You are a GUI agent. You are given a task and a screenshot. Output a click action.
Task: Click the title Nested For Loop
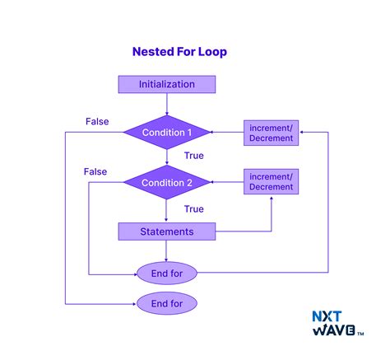(x=179, y=52)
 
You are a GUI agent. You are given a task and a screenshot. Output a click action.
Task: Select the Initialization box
(x=167, y=84)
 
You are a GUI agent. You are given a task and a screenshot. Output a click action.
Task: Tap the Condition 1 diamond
(x=167, y=131)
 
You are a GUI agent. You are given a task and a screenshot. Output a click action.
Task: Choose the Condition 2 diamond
(x=167, y=182)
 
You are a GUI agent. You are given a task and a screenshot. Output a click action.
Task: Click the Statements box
(x=167, y=231)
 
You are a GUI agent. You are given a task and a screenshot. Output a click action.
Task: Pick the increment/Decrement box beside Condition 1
(x=271, y=132)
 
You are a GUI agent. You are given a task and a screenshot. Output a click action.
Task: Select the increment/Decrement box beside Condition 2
(x=271, y=182)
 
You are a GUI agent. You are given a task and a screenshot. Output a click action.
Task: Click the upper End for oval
(x=167, y=272)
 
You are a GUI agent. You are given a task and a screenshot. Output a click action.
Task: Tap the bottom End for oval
(x=167, y=304)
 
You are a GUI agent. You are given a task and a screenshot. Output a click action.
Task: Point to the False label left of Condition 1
(x=97, y=122)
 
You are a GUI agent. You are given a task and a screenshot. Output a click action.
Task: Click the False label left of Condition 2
(x=95, y=171)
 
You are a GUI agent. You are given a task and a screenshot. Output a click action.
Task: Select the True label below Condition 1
(x=194, y=155)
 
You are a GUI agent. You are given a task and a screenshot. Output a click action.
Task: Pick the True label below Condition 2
(x=194, y=208)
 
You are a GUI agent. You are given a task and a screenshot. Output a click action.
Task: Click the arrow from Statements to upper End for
(x=167, y=250)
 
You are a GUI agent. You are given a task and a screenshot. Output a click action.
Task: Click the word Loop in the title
(x=211, y=52)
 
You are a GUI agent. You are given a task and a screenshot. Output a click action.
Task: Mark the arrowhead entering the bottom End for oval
(x=133, y=304)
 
